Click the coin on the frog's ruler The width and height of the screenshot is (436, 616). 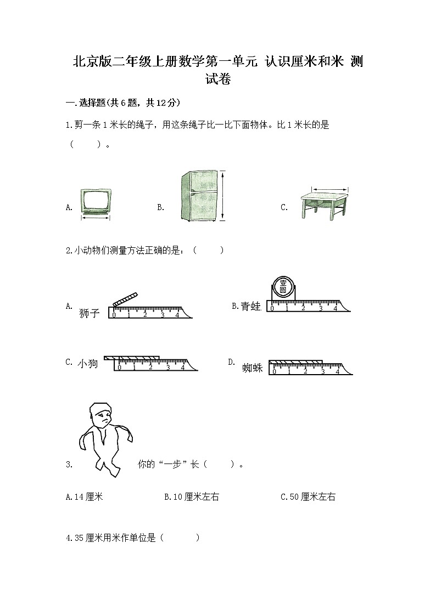click(x=283, y=288)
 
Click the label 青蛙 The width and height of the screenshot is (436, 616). click(x=250, y=307)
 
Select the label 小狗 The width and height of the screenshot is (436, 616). click(x=87, y=363)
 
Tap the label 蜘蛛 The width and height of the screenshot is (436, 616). click(x=252, y=368)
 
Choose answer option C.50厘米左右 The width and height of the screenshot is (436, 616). click(x=308, y=497)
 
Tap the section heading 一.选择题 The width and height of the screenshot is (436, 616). click(x=83, y=103)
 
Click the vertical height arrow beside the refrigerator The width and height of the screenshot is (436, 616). click(x=223, y=196)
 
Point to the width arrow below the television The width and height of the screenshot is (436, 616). click(x=96, y=218)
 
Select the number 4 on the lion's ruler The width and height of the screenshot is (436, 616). click(x=177, y=314)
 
